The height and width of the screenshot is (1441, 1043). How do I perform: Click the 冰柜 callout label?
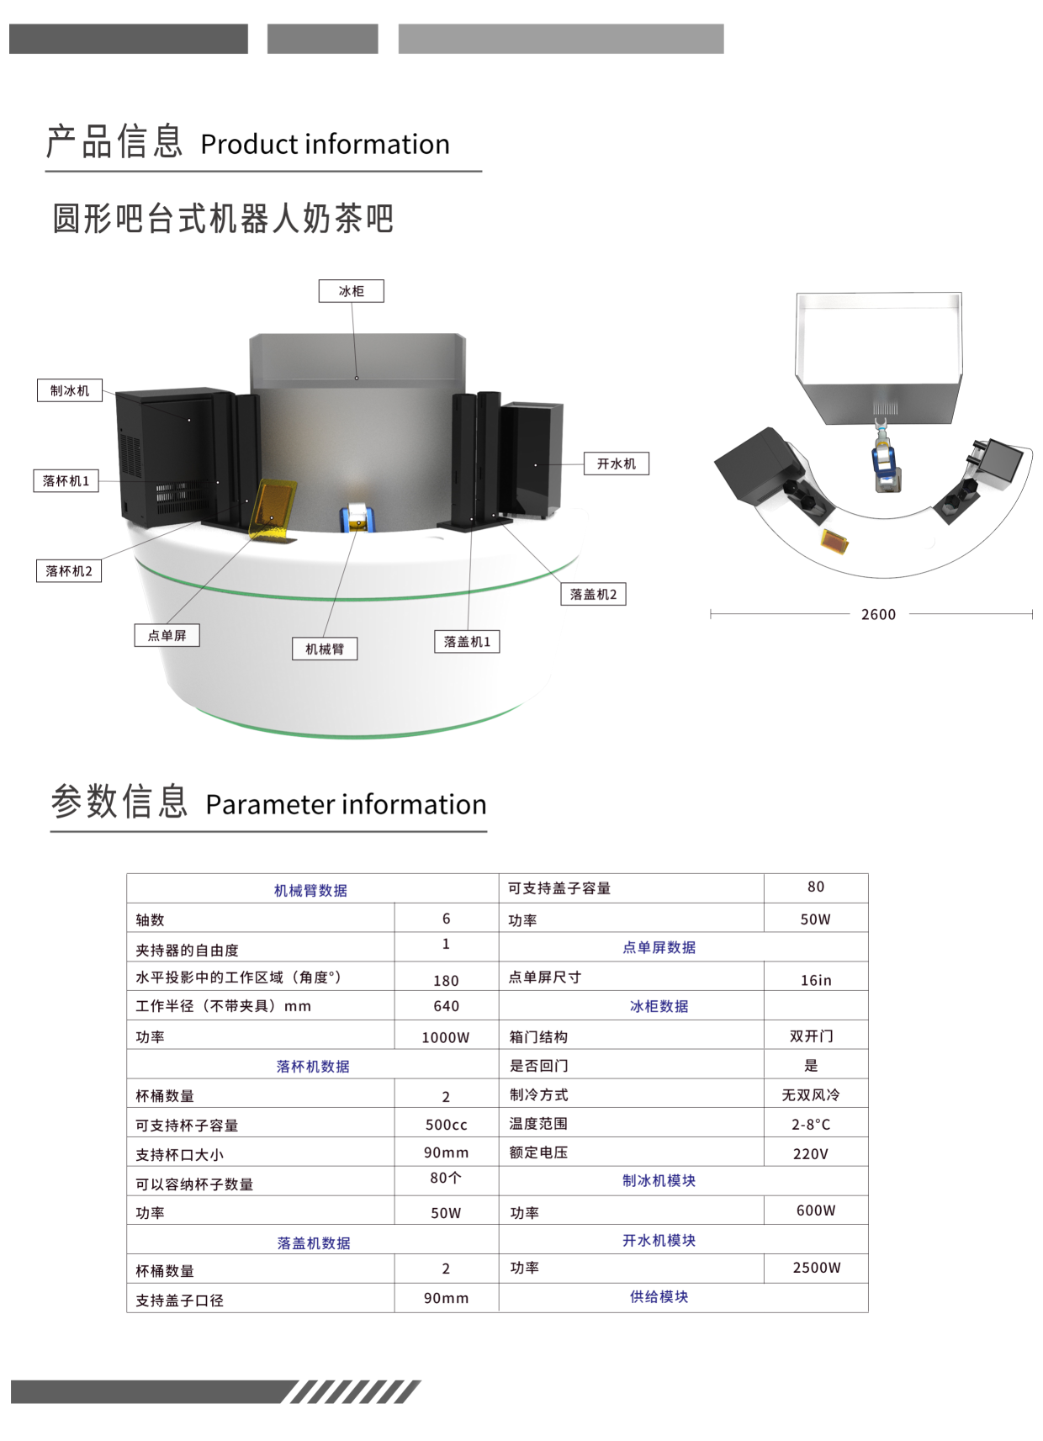352,291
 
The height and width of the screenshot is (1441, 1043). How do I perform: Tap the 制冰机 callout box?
70,390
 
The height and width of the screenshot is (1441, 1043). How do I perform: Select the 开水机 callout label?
617,464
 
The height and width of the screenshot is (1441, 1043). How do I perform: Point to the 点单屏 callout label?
167,635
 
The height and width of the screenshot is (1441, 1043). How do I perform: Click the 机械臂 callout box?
325,649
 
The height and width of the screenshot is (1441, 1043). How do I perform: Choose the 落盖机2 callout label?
593,594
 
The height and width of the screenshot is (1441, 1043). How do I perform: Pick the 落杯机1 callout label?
66,480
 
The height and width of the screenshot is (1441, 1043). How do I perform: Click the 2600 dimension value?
878,614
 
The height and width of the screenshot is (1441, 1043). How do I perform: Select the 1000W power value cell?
445,1037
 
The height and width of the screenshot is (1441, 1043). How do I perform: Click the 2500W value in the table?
817,1268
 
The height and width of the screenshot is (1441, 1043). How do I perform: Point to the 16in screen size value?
816,980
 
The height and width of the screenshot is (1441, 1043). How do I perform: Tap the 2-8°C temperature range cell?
811,1124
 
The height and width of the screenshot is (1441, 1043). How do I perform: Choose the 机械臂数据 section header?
310,890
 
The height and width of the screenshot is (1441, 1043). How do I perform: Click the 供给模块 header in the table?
659,1296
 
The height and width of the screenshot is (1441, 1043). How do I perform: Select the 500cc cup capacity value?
446,1125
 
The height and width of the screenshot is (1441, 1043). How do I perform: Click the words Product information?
325,144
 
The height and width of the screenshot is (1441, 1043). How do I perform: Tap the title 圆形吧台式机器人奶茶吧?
223,219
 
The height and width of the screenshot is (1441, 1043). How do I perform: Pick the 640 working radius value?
446,1005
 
